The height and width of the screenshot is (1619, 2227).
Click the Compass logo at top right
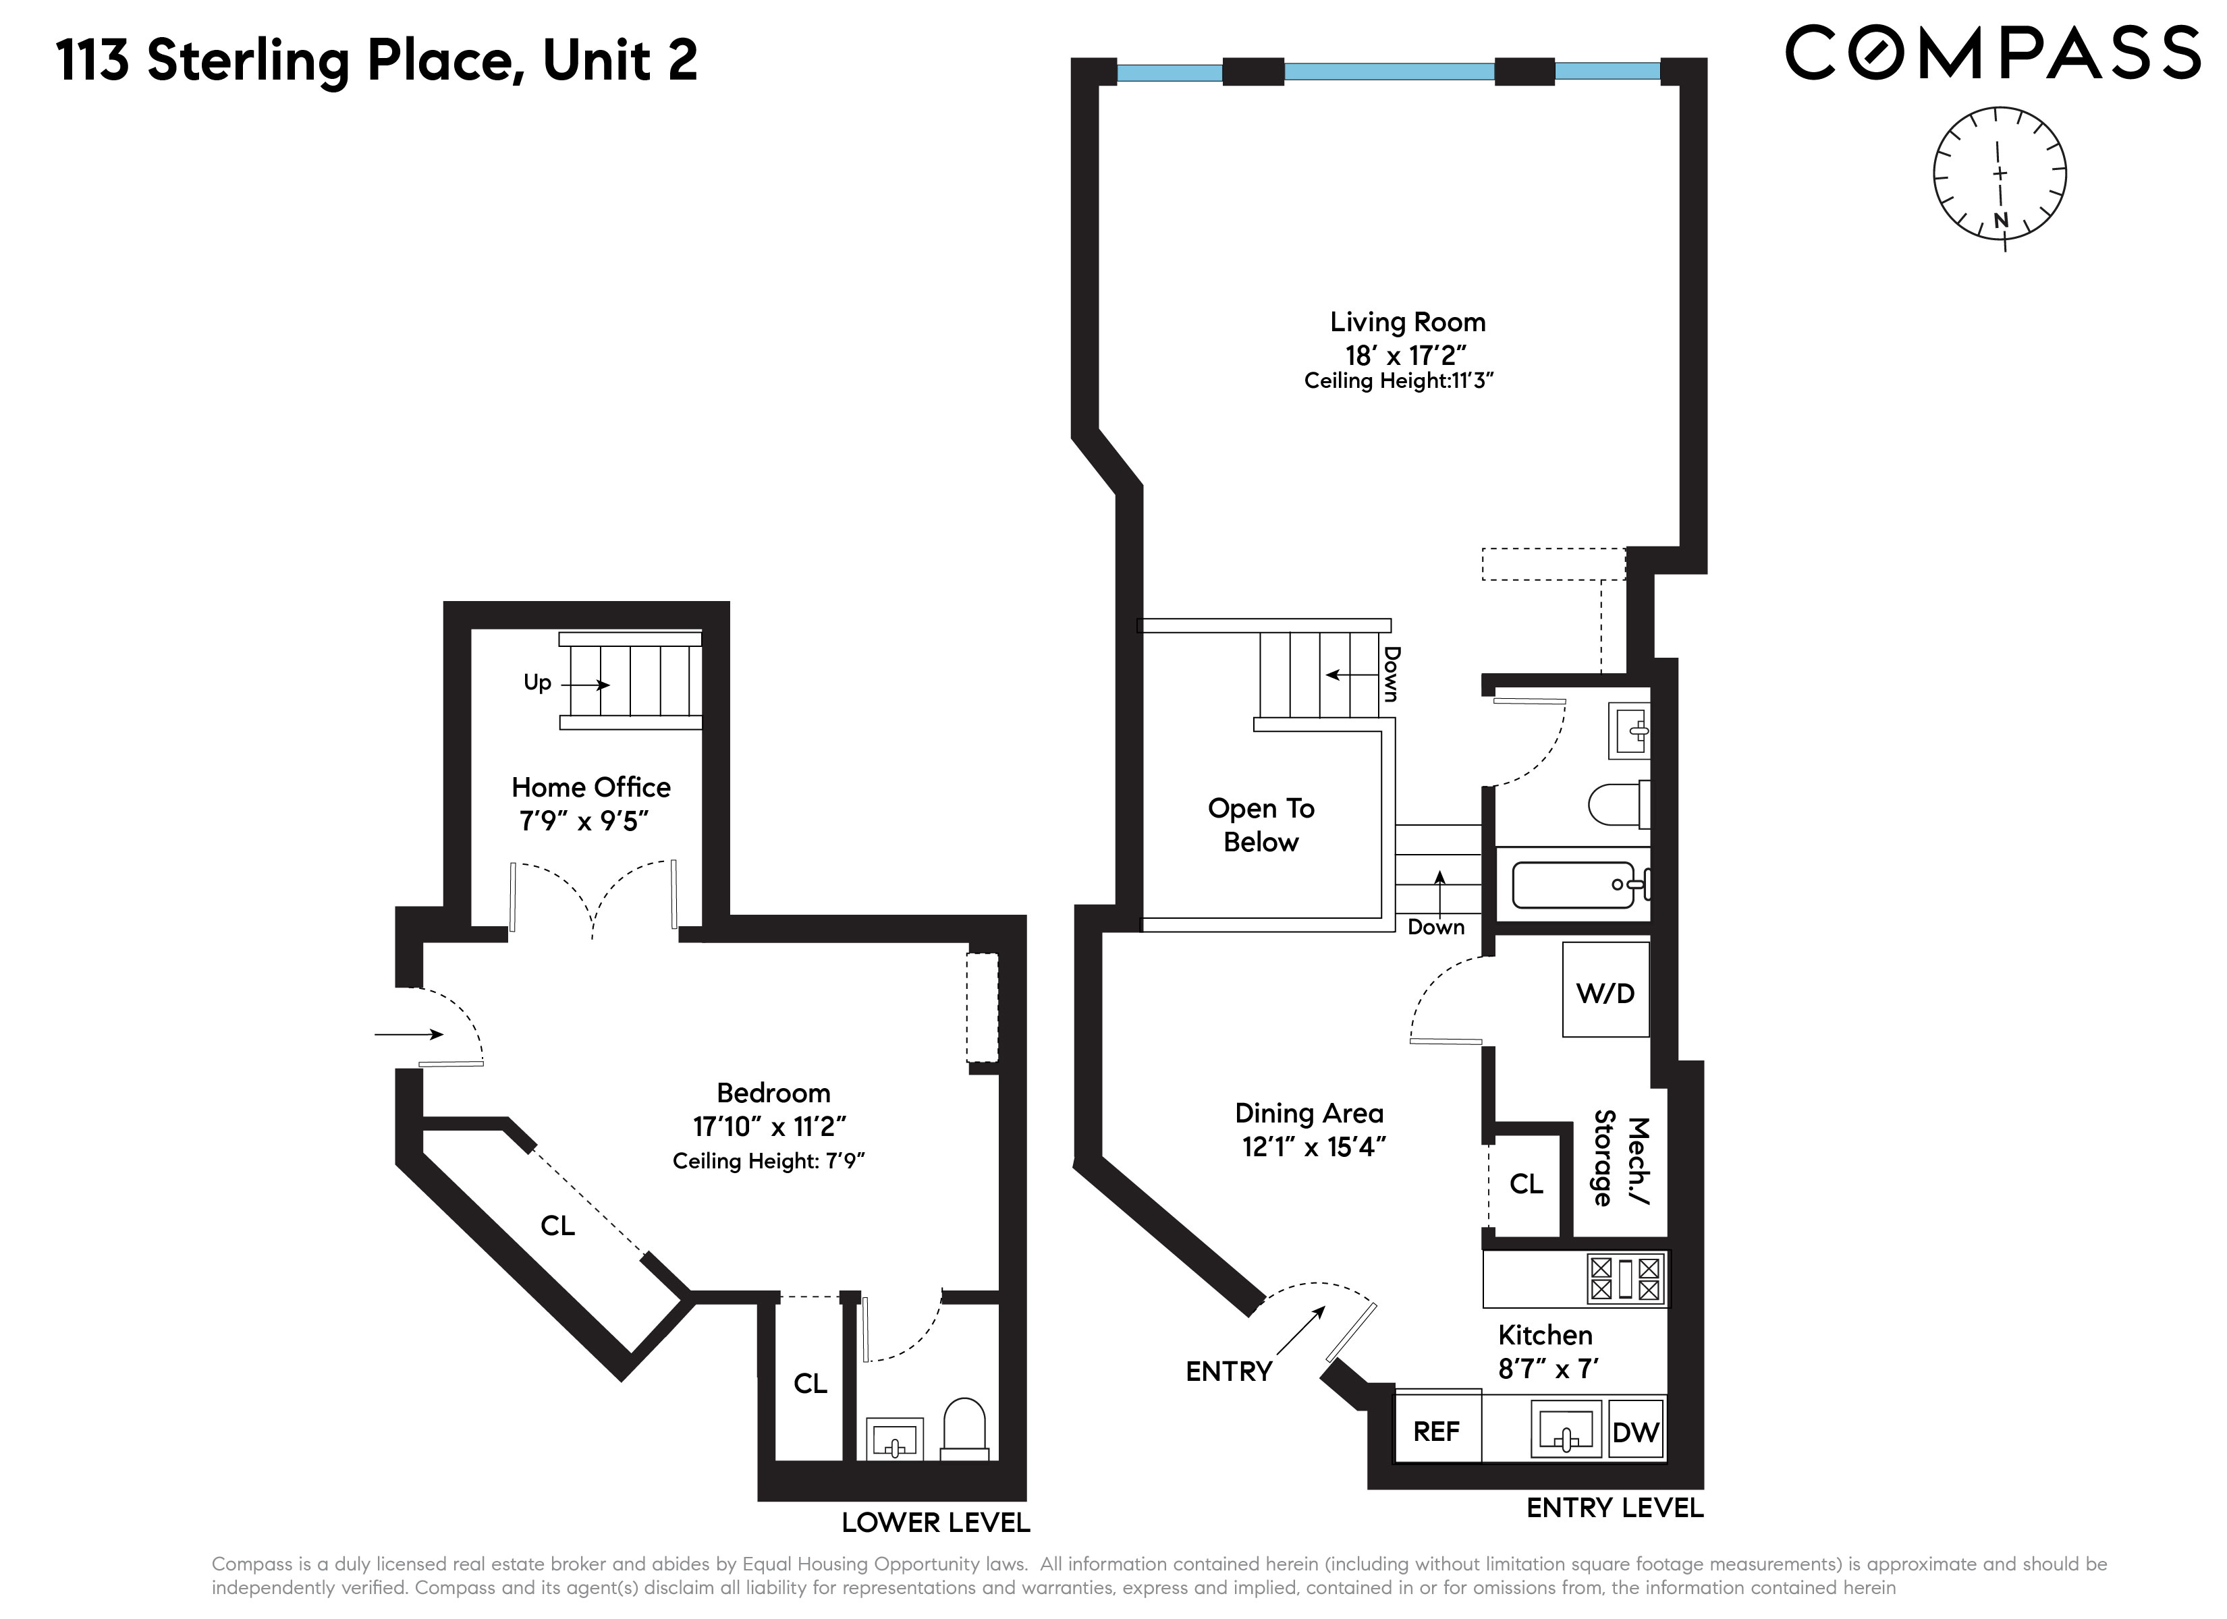tap(1992, 53)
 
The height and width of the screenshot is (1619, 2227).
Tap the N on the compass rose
tap(2001, 221)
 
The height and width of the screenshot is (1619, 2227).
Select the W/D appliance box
tap(1605, 990)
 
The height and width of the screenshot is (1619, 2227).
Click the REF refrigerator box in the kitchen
tap(1437, 1431)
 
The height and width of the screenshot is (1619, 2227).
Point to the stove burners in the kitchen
tap(1625, 1278)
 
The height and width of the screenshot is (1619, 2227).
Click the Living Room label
tap(1407, 322)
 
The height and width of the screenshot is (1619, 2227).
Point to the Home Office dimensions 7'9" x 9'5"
tap(584, 821)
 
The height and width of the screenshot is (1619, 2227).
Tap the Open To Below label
tap(1261, 825)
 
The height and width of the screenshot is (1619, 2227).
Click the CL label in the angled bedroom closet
tap(557, 1225)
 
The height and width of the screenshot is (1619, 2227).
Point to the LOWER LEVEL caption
tap(936, 1523)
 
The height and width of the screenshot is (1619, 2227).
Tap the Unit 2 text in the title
tap(620, 60)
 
